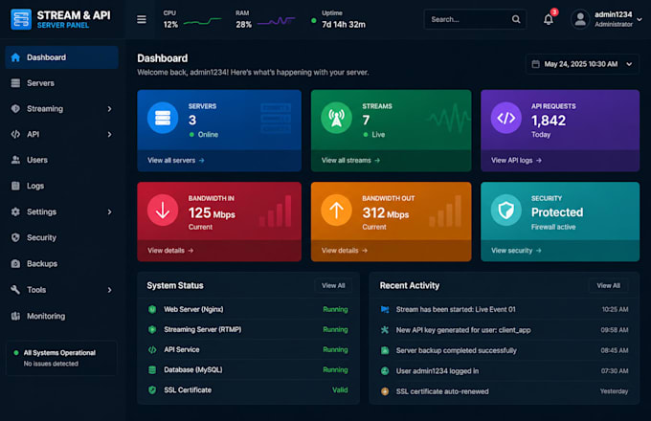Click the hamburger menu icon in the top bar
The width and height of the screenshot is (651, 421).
[x=142, y=19]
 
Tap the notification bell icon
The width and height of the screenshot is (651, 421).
[x=549, y=19]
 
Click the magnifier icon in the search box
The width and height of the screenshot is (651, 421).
[x=516, y=19]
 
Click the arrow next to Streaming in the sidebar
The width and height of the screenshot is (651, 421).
[x=109, y=109]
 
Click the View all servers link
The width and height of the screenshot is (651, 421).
[x=175, y=160]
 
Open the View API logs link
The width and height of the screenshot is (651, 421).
[x=516, y=160]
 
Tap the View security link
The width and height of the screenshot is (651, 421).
[x=516, y=251]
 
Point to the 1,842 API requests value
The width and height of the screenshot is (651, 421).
[x=549, y=121]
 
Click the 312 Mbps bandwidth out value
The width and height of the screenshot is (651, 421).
[x=385, y=212]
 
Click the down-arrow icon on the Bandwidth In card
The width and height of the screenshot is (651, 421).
[x=163, y=210]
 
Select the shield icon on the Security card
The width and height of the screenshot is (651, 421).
[x=506, y=210]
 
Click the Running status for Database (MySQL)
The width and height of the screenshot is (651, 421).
[x=335, y=369]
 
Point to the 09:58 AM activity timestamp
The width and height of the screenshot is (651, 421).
[x=615, y=330]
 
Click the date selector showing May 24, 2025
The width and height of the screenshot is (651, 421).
[x=582, y=64]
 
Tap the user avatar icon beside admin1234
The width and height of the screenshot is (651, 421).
[x=580, y=19]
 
